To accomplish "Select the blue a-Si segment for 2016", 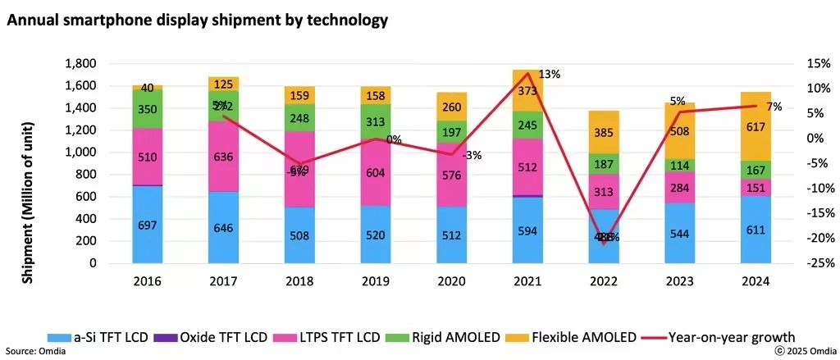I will [148, 226].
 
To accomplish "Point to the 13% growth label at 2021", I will [550, 75].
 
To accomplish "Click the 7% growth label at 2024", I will [773, 107].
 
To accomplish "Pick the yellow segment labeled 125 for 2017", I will [222, 83].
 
